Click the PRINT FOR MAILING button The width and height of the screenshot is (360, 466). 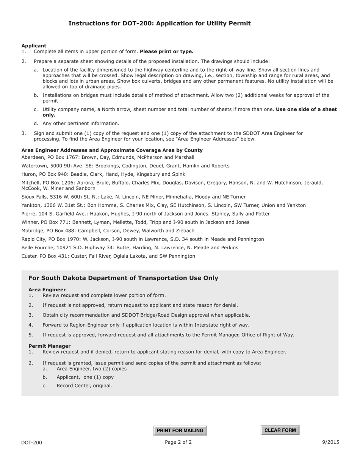point(180,430)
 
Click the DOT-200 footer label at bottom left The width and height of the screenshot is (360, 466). point(31,443)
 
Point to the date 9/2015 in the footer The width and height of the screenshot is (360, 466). point(331,442)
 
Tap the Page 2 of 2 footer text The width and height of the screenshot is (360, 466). point(178,442)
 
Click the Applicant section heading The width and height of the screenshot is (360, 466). point(34,46)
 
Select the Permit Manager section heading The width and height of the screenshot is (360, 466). point(49,346)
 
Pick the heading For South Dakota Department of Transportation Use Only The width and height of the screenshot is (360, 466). point(123,278)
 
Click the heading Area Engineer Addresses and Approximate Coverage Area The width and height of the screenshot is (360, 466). point(112,150)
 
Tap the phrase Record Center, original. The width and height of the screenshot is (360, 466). point(84,386)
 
